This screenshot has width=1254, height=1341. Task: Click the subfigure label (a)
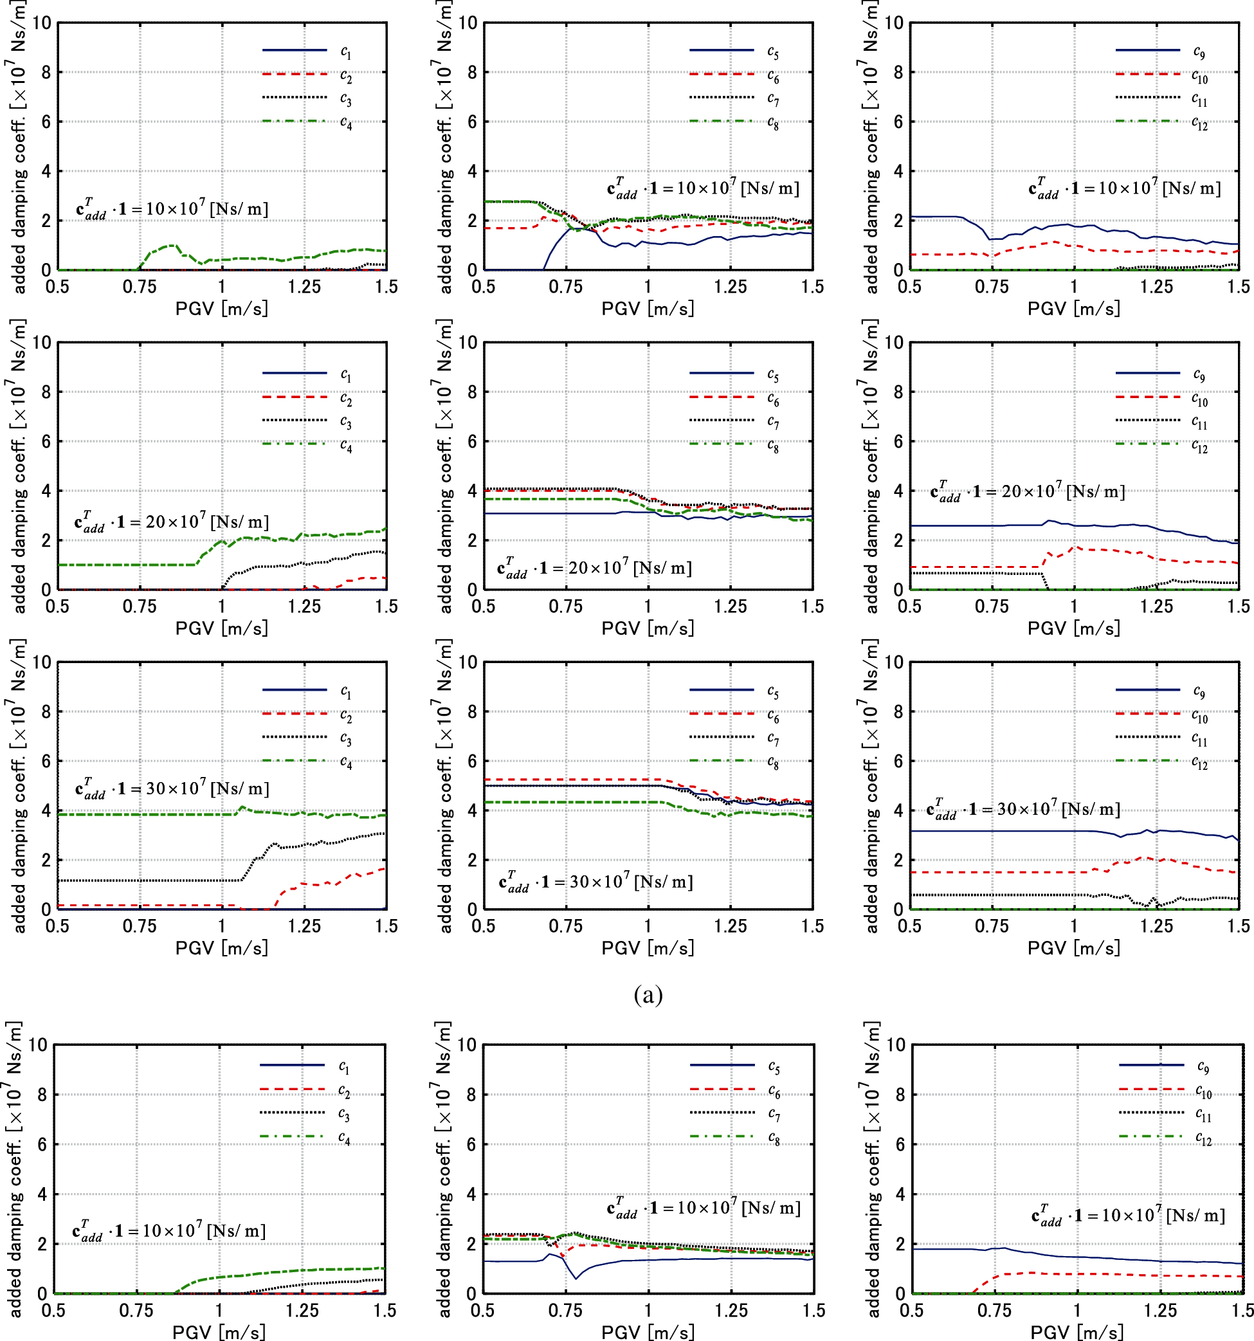click(648, 994)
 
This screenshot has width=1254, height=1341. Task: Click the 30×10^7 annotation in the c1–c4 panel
click(172, 789)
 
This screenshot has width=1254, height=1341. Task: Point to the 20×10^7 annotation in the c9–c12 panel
click(1027, 492)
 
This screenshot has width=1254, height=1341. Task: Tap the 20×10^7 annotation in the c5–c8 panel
click(594, 568)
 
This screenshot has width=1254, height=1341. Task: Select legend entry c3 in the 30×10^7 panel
click(345, 738)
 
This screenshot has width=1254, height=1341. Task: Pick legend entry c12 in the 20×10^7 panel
click(1199, 446)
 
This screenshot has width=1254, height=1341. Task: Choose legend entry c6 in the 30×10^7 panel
click(772, 716)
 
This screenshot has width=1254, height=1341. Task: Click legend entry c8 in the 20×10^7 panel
click(772, 446)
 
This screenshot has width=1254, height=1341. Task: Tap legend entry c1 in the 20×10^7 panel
click(345, 374)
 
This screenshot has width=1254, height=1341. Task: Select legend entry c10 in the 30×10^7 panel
click(1199, 716)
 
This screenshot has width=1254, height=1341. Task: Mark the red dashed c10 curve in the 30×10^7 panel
click(1012, 872)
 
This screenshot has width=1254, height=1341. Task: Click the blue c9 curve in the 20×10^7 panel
click(978, 525)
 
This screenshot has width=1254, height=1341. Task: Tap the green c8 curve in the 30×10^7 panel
click(574, 802)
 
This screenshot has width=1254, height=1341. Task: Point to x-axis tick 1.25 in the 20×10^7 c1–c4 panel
click(304, 607)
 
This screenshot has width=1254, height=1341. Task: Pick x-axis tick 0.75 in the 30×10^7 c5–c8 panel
click(565, 926)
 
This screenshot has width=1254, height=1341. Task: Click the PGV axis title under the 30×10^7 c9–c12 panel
click(1073, 948)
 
